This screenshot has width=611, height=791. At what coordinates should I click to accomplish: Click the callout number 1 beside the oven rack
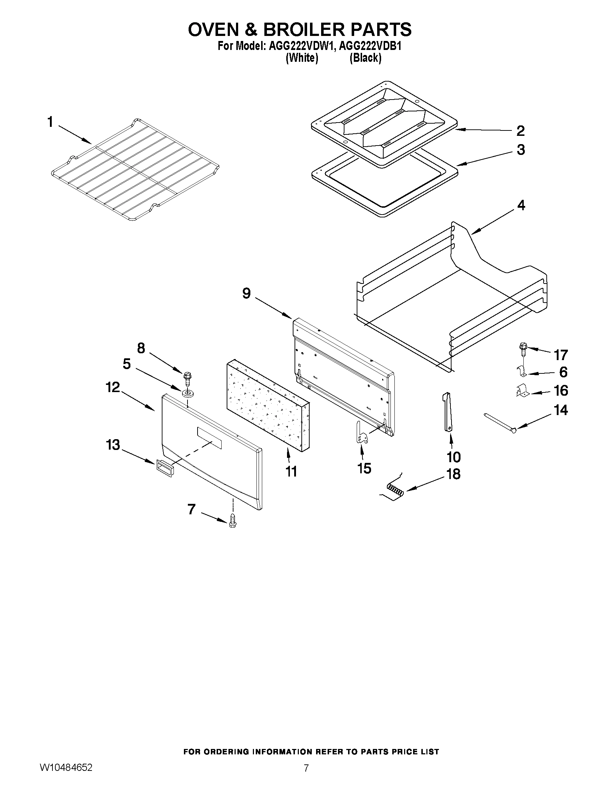[50, 123]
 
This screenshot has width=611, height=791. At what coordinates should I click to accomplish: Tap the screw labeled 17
[523, 348]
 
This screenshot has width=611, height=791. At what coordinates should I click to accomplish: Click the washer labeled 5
[187, 392]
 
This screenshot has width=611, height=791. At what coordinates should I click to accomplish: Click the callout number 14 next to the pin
[561, 410]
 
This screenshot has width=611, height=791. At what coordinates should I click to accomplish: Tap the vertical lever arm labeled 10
[448, 412]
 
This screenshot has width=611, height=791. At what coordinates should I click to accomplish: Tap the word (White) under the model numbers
[301, 58]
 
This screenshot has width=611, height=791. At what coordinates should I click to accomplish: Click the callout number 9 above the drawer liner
[246, 293]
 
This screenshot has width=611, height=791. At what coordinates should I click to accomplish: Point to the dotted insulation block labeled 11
[268, 406]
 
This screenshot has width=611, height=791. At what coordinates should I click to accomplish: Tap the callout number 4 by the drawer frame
[520, 205]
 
